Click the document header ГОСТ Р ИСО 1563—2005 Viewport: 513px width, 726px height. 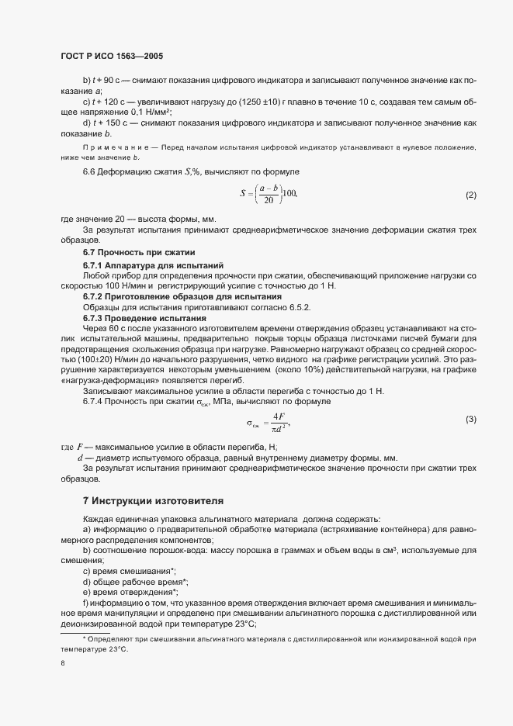112,57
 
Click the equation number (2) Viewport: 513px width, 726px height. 470,195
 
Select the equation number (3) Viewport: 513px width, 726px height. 470,420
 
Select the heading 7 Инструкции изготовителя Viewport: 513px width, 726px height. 153,501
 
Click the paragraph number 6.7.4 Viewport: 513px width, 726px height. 96,402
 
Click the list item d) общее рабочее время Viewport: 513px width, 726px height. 135,581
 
